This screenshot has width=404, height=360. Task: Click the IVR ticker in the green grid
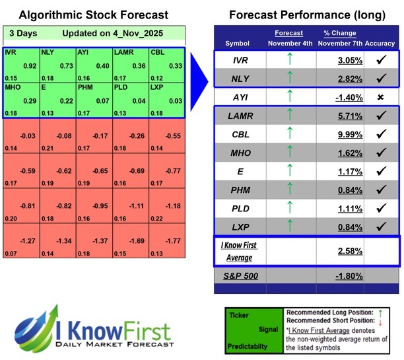(x=11, y=52)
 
